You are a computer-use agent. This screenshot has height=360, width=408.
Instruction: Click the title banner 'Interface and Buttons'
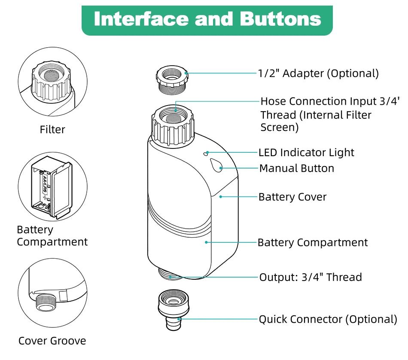click(207, 20)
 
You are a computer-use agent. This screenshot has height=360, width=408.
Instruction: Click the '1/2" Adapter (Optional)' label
click(318, 73)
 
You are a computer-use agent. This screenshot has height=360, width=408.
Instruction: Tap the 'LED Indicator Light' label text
click(306, 152)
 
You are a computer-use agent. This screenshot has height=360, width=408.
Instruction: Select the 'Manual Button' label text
click(296, 168)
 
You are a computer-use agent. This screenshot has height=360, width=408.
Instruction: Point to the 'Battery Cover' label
click(292, 197)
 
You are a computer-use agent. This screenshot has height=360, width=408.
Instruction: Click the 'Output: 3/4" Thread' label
click(310, 277)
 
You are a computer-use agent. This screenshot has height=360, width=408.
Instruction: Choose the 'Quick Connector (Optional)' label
click(327, 319)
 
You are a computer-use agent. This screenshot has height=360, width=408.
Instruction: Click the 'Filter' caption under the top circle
click(52, 129)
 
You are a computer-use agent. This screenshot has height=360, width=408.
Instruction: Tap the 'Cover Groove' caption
click(52, 341)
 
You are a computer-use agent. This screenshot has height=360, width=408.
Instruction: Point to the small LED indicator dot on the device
click(207, 152)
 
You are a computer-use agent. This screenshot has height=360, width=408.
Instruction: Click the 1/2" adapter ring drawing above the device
click(172, 79)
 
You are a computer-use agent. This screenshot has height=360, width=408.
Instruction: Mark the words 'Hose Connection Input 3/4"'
click(330, 101)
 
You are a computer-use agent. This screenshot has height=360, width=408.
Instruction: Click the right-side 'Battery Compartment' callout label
click(312, 242)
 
